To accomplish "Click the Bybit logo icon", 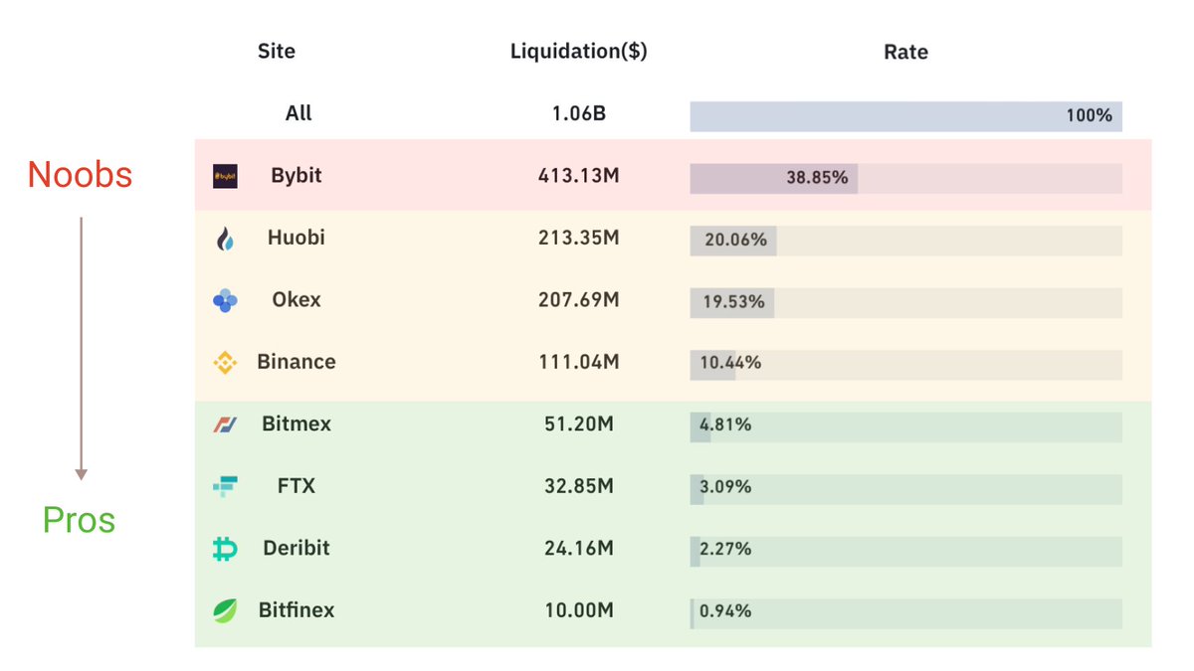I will (225, 177).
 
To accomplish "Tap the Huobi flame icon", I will (225, 239).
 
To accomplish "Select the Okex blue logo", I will (225, 300).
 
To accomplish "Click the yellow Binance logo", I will (225, 363).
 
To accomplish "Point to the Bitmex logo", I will (225, 424).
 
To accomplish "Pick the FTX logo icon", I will (225, 486).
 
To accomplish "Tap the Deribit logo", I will (225, 549).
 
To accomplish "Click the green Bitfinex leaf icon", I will (225, 610).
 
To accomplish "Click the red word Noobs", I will (80, 175).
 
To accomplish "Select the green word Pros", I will (79, 520).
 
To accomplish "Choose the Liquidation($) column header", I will (578, 52).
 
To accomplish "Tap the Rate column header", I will (905, 52).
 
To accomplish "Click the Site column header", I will (277, 51).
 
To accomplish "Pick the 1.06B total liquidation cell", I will (578, 113).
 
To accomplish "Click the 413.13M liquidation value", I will (578, 176).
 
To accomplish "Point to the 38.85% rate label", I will (816, 178).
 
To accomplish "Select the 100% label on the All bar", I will (1089, 115).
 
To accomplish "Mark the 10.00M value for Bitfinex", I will (578, 610).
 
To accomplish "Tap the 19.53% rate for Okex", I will (733, 301).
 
